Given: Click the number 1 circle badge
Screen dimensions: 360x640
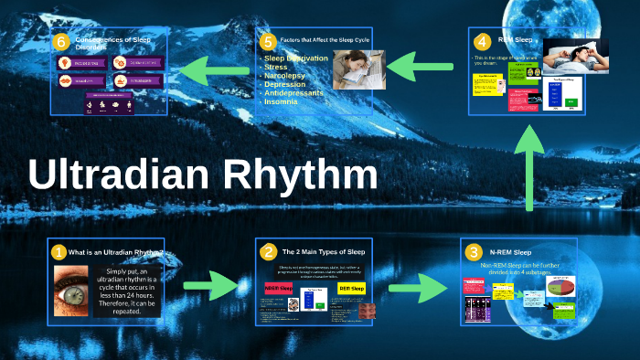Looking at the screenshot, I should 59,251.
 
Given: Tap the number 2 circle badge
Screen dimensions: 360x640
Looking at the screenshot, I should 268,251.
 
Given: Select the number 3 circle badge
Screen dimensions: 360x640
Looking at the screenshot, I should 473,251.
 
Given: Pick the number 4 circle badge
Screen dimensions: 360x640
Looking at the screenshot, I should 482,42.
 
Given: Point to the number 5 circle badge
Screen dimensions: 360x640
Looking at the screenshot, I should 267,42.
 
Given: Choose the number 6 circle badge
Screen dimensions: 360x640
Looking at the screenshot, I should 61,42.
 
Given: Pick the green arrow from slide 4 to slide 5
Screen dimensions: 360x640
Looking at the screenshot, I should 421,66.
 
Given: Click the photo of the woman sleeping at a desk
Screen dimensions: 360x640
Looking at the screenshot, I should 352,69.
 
